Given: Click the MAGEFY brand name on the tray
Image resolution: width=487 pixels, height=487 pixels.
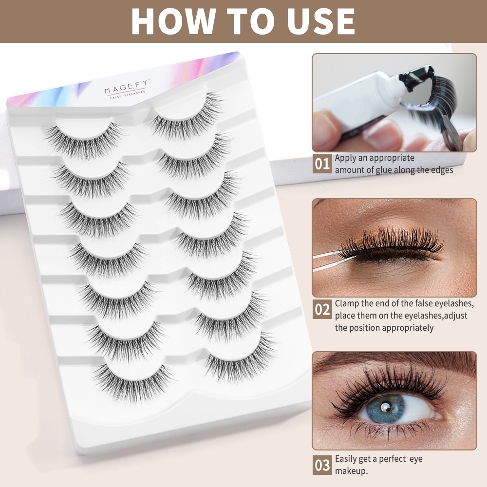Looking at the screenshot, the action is point(127,87).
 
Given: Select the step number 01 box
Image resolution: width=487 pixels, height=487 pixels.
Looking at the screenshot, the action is point(322,163).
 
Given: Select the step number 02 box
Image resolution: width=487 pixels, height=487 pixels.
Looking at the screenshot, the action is point(322,309).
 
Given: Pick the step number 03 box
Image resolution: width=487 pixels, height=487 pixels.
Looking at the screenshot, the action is point(322,465).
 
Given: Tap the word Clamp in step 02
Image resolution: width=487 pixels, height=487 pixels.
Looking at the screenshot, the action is point(347,303).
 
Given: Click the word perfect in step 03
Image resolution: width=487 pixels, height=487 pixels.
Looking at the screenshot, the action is point(392,459).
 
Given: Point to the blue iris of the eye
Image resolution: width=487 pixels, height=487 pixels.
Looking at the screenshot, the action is point(385,408).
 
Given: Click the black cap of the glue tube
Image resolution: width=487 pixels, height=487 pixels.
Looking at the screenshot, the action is point(413,78).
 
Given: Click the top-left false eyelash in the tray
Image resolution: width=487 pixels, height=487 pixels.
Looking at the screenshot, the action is point(84,141).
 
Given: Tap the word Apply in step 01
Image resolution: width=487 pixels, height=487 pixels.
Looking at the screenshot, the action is point(345,158).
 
